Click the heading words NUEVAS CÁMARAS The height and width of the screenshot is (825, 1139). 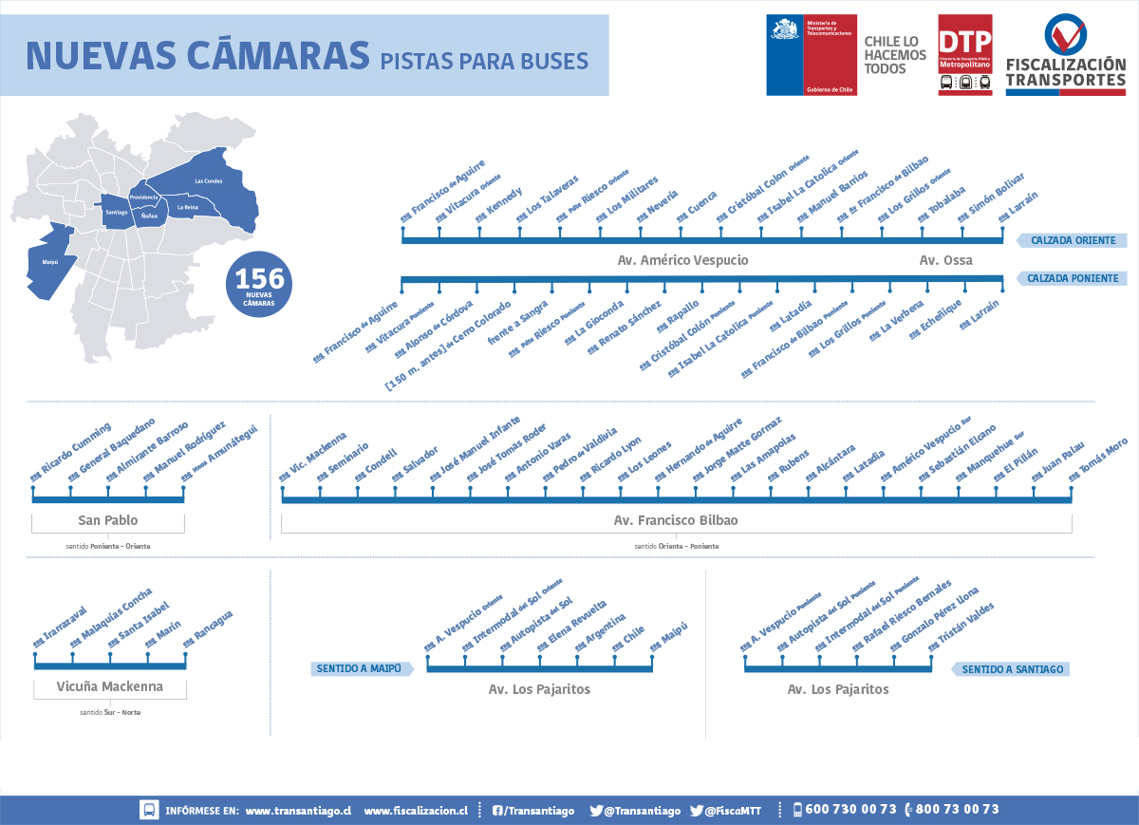click(197, 55)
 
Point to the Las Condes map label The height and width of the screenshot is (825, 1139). click(208, 180)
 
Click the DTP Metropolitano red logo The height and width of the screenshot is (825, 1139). click(964, 54)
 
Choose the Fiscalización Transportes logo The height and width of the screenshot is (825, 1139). click(1065, 54)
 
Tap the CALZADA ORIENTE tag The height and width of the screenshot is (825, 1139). click(1073, 240)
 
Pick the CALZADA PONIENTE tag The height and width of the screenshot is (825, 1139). click(1073, 279)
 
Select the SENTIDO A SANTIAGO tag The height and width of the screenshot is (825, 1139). click(1012, 669)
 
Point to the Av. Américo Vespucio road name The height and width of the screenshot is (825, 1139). click(682, 260)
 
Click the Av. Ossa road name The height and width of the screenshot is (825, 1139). click(945, 260)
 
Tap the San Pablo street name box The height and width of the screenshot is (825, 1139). click(107, 520)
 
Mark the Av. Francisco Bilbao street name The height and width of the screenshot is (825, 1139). click(676, 520)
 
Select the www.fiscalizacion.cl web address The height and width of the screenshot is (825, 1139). click(416, 811)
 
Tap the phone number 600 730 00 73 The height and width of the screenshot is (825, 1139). click(850, 810)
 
